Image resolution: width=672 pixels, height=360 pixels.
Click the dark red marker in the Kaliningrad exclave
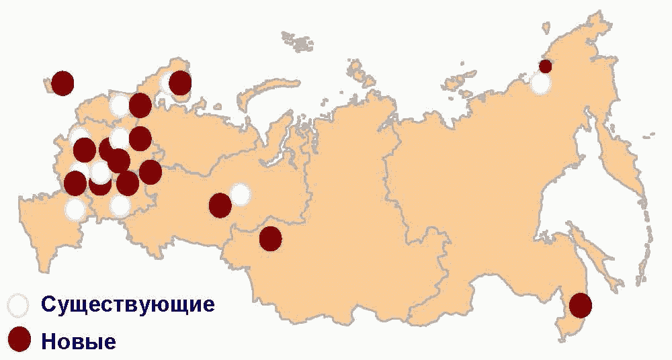click(62, 83)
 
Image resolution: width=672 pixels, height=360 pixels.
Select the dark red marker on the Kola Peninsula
click(180, 83)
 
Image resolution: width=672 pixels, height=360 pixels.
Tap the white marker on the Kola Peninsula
click(168, 85)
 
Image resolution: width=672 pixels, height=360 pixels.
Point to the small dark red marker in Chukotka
click(546, 66)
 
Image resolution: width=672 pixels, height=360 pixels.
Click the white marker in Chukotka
click(540, 83)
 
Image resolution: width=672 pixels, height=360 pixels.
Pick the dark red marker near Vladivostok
click(580, 306)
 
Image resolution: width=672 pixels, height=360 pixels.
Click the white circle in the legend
click(19, 305)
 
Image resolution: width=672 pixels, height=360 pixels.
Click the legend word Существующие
click(128, 304)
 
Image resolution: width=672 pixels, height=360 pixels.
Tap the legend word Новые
click(79, 341)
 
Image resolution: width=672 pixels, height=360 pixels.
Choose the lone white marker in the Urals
click(241, 195)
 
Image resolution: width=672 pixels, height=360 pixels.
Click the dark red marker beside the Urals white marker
click(220, 206)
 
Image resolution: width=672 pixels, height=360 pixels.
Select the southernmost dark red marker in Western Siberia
click(270, 238)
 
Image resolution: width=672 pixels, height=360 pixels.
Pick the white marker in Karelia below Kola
click(121, 105)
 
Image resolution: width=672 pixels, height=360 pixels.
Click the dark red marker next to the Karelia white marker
click(140, 105)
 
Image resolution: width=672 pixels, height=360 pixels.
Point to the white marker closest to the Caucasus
click(75, 209)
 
